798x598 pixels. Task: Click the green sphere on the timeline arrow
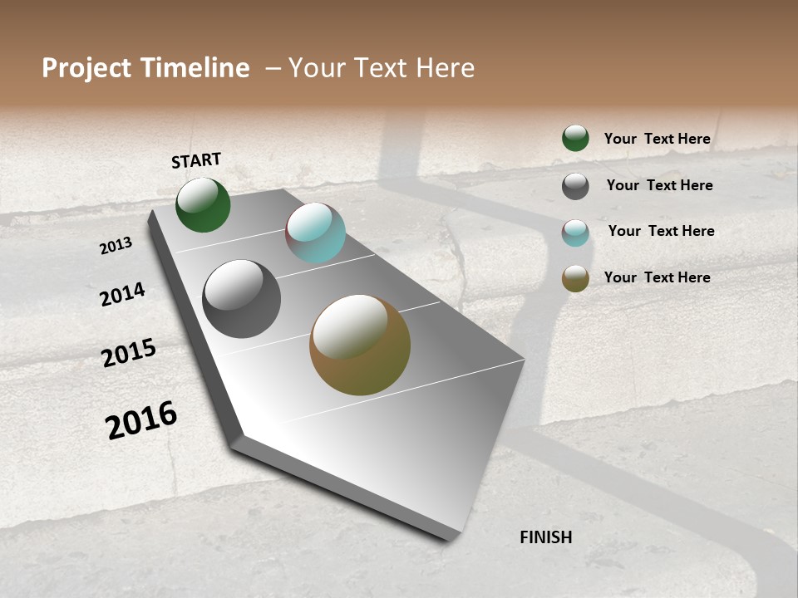pos(203,205)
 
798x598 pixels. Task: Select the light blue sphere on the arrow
pos(315,233)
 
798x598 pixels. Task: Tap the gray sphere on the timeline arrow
pos(242,299)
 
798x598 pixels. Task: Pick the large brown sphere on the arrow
pos(360,345)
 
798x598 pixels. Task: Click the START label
pos(196,160)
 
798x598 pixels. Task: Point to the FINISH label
pos(546,537)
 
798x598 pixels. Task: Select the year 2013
pos(116,246)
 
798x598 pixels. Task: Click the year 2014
pos(123,295)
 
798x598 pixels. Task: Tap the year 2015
pos(129,353)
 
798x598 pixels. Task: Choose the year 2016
pos(141,420)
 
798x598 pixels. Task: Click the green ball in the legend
pos(575,138)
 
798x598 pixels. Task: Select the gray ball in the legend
pos(575,186)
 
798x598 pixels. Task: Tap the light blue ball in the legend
pos(575,233)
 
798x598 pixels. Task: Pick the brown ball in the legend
pos(575,278)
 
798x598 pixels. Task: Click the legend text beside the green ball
pos(658,139)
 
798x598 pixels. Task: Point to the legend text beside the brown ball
pos(658,277)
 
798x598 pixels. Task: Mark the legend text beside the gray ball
pos(660,185)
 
